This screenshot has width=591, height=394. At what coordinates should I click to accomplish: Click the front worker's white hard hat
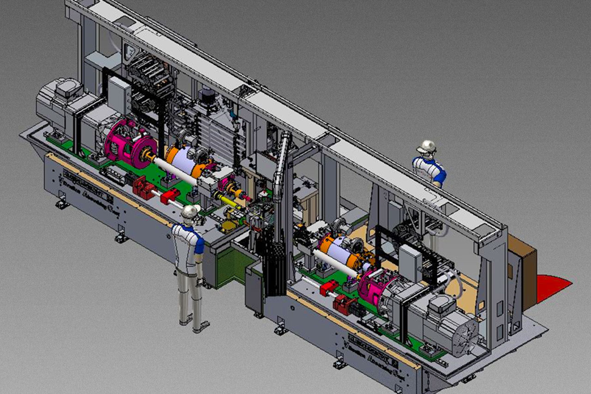click(190, 212)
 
